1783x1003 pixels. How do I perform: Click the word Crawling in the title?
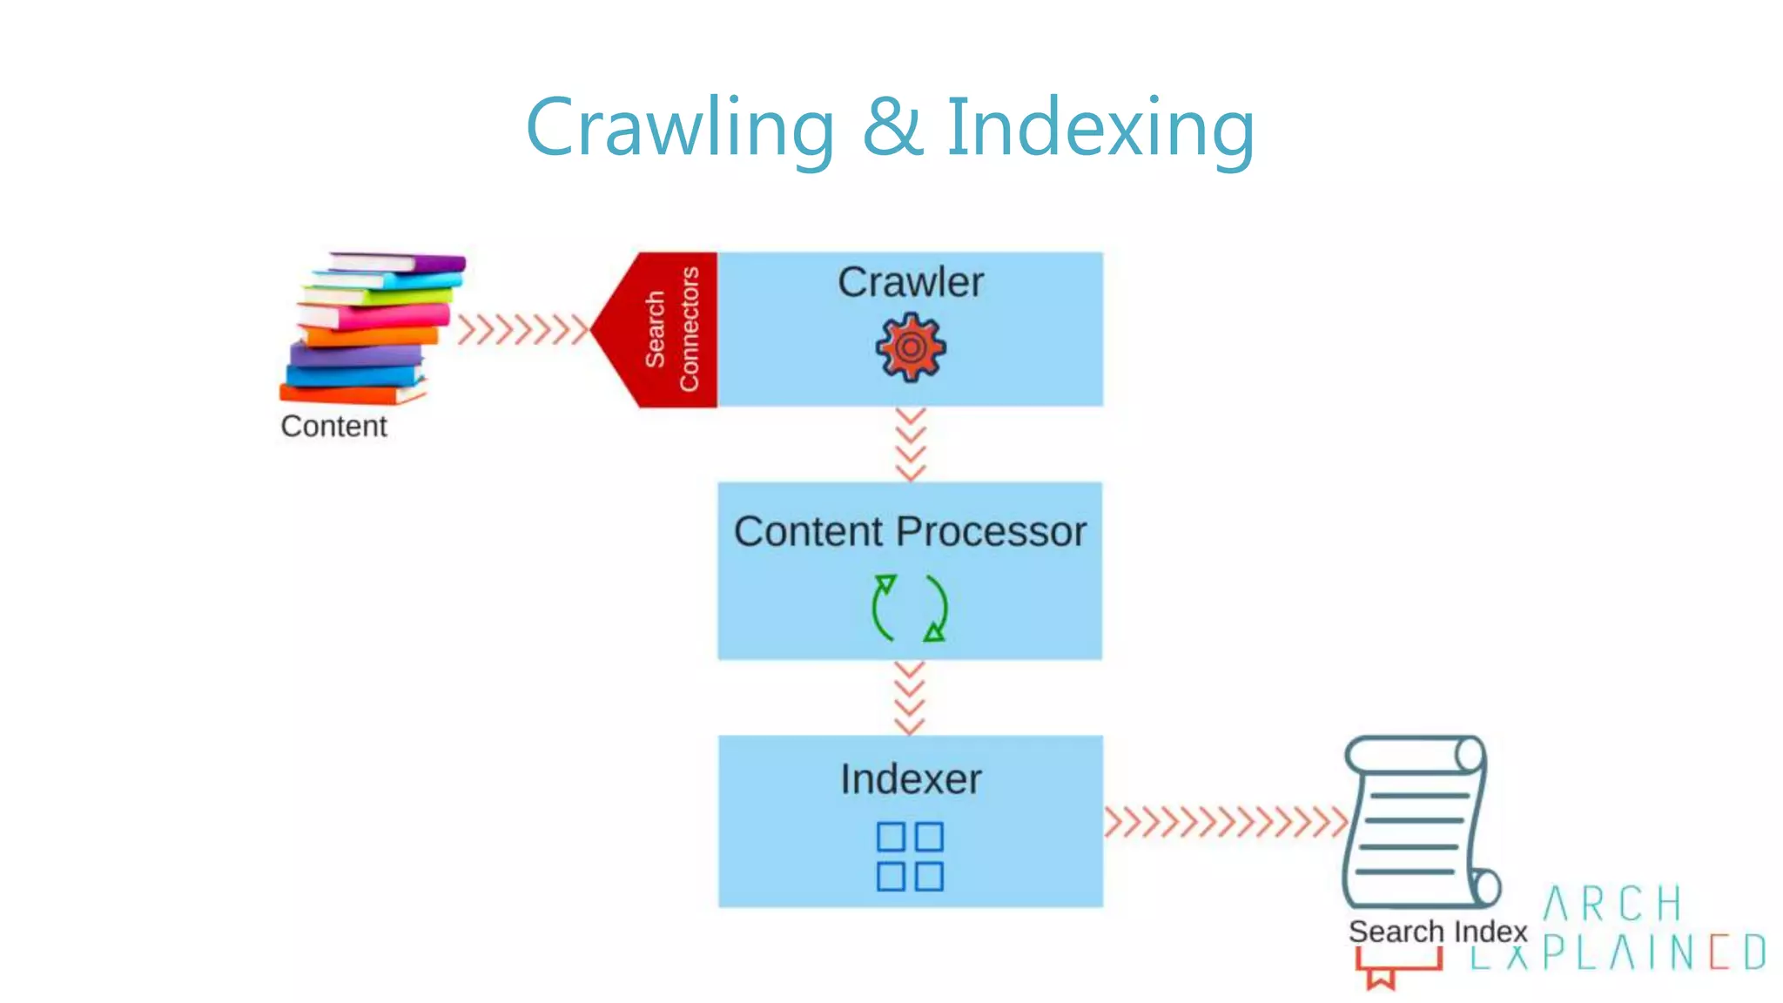click(680, 128)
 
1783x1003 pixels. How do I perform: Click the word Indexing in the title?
click(1100, 128)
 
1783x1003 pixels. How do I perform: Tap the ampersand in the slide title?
click(891, 128)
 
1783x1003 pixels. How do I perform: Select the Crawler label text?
click(911, 282)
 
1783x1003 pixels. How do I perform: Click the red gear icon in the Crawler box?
click(911, 348)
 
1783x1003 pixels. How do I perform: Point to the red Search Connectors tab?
click(666, 330)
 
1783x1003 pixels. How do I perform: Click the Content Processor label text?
click(910, 531)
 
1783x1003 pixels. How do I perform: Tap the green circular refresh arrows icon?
click(910, 609)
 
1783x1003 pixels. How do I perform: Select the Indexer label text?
click(911, 779)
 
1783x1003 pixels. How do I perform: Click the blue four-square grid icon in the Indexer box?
click(910, 856)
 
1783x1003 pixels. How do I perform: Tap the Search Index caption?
click(1437, 932)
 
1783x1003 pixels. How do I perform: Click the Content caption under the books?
click(333, 427)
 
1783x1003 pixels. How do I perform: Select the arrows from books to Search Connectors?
click(522, 330)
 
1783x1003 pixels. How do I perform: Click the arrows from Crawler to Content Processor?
click(911, 445)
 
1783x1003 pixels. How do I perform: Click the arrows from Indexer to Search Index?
click(1225, 822)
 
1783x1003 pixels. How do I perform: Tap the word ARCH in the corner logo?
click(1612, 904)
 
